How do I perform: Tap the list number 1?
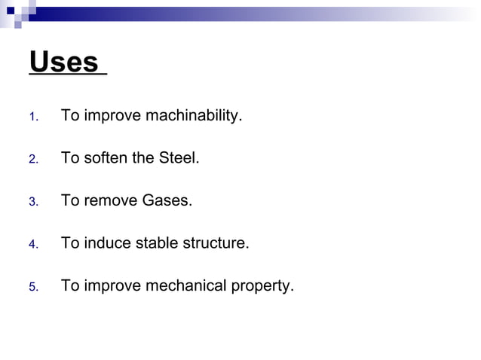pos(32,117)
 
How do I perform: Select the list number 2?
pos(32,160)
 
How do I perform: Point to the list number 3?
pos(32,202)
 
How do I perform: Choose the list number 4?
pos(32,245)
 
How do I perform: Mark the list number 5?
pos(32,287)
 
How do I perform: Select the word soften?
pos(106,159)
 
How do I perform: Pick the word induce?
pos(106,243)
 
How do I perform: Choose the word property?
pos(261,286)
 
